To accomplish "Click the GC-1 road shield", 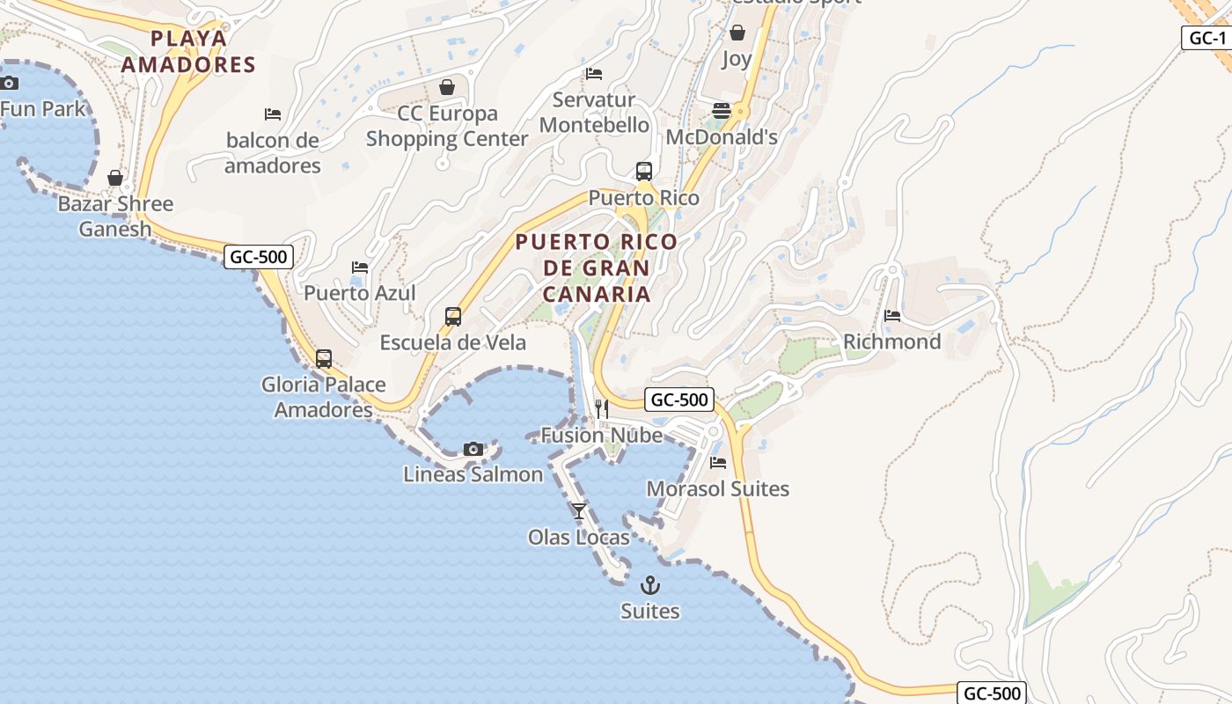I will click(1206, 38).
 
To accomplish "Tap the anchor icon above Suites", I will click(649, 584).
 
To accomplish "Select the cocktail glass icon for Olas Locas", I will click(578, 510).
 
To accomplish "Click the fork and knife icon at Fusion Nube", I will click(602, 408).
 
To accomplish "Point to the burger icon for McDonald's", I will click(722, 111).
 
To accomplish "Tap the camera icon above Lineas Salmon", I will click(473, 449).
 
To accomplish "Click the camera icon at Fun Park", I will click(9, 84).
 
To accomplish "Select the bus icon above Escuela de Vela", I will click(453, 317).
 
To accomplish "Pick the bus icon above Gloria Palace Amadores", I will click(324, 359).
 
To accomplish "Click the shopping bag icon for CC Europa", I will click(447, 87).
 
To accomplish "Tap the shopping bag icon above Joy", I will click(737, 33).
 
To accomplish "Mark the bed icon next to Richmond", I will click(892, 316).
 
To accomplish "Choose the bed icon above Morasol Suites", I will click(718, 463).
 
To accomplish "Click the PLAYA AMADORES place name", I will click(188, 51).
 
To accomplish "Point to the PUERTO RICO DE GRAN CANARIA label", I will click(597, 268).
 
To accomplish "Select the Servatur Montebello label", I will click(595, 113).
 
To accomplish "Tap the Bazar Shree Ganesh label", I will click(115, 216).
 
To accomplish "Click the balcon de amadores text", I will click(272, 152).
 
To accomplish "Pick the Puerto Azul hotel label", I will click(359, 293).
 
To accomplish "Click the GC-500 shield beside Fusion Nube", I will click(679, 400).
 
